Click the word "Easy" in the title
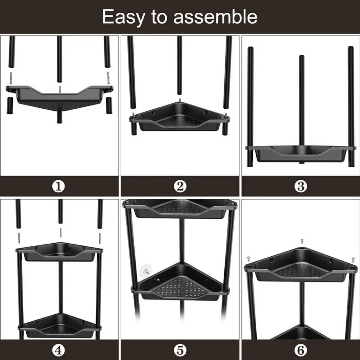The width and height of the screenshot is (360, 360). pos(123,17)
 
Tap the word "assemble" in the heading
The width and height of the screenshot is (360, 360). pos(216,17)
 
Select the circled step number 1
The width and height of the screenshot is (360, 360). pos(59,186)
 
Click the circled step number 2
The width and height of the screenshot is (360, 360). pos(180,186)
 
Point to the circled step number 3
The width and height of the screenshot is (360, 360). pos(301,186)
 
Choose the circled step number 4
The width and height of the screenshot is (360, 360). pos(59,351)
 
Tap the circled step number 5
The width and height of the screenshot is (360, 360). pos(180,351)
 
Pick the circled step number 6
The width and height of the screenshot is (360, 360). pos(301,351)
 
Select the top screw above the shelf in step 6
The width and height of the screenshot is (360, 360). pos(302,241)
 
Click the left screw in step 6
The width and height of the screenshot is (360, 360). pos(248,259)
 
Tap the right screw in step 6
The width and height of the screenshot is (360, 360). pos(353,260)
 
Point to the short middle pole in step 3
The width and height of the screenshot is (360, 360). pos(301,109)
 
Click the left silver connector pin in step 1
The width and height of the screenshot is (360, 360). pos(11,78)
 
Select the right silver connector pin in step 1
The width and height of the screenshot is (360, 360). pos(108,78)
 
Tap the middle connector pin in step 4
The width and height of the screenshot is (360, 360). pos(61,233)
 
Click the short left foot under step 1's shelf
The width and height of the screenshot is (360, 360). pos(10,105)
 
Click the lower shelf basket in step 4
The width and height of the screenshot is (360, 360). pos(59,326)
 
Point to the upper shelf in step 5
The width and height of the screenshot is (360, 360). pos(180,208)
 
